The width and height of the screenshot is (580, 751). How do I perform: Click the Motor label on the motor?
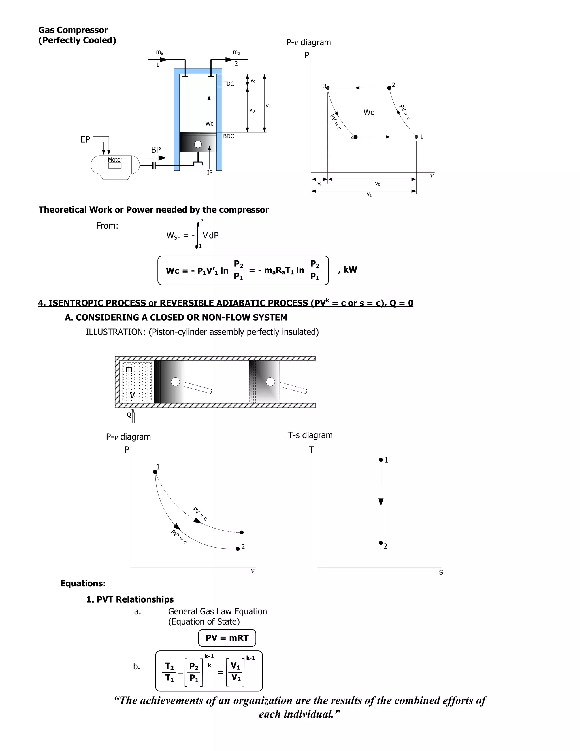click(115, 160)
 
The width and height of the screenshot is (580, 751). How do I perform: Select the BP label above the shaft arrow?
click(156, 150)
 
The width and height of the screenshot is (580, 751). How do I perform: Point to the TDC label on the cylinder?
click(229, 84)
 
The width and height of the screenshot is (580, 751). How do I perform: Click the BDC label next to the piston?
click(229, 136)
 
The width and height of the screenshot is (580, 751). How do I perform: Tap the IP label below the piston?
click(210, 173)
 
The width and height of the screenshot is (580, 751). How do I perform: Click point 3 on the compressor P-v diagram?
click(327, 88)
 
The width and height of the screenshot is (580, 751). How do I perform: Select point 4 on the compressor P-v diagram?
click(356, 137)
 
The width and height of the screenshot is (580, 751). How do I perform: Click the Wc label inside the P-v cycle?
click(369, 113)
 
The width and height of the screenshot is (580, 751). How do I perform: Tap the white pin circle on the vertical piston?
click(198, 144)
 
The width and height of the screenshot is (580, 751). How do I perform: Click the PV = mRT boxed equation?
click(227, 638)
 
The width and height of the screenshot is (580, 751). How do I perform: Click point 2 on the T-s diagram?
click(381, 543)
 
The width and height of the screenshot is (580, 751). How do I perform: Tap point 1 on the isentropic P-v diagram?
click(155, 472)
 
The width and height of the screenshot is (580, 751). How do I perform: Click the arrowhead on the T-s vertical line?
click(381, 502)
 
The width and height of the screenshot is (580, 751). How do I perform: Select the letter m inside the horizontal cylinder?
click(129, 369)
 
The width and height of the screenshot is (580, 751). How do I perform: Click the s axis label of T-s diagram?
click(441, 572)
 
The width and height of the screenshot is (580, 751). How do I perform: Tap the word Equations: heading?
click(83, 584)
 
